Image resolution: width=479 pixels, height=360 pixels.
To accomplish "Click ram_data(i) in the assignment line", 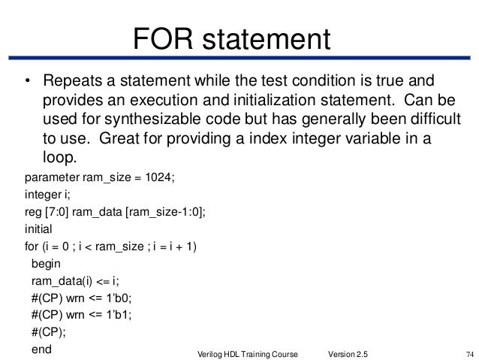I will click(x=58, y=282).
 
